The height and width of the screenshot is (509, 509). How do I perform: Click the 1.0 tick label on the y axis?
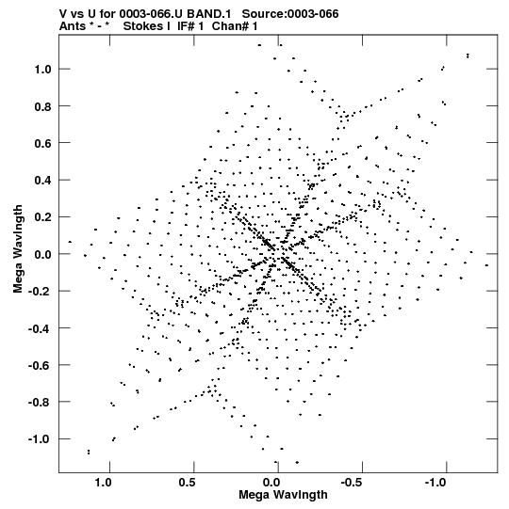(x=43, y=70)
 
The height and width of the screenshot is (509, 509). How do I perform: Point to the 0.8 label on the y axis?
(x=43, y=106)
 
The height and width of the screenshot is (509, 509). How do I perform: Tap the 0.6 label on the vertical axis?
(x=43, y=144)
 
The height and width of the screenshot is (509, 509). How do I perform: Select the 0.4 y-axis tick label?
(x=43, y=181)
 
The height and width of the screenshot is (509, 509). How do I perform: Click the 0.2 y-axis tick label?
(x=43, y=217)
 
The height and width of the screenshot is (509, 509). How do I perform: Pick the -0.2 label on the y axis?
(x=40, y=292)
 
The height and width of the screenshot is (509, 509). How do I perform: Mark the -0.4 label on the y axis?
(x=40, y=328)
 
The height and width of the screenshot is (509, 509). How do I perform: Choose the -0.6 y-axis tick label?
(x=40, y=365)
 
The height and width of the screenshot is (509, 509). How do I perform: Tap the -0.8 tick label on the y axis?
(x=40, y=403)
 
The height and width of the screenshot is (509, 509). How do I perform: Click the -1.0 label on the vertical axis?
(x=40, y=439)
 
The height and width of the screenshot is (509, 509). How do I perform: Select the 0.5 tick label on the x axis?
(x=188, y=483)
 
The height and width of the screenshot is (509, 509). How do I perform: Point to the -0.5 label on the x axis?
(x=353, y=483)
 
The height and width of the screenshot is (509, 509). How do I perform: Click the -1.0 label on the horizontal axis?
(x=436, y=483)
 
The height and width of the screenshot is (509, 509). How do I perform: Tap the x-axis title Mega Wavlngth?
(x=283, y=495)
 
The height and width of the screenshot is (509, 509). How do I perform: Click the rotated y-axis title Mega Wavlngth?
(x=18, y=249)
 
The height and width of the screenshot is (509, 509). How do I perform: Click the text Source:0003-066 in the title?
(x=290, y=14)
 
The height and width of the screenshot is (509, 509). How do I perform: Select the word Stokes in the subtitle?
(x=147, y=26)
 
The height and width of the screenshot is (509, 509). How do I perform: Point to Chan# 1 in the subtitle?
(x=234, y=26)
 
